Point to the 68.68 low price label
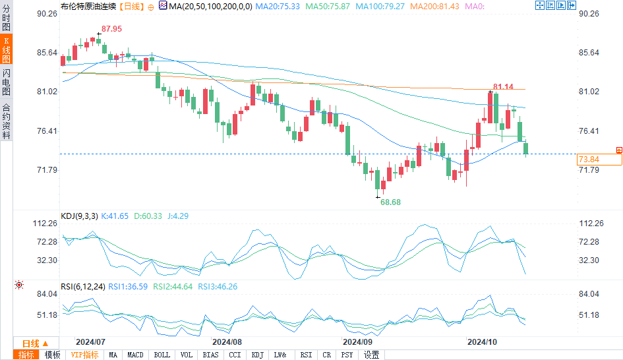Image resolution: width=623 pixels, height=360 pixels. [390, 202]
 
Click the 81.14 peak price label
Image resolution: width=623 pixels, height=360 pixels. [503, 87]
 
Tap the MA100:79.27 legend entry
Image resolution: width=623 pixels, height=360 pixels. [381, 6]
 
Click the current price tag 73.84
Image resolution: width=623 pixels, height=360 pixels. [588, 160]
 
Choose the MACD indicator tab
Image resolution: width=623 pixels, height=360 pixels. [135, 355]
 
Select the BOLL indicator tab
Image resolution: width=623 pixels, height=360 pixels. [162, 355]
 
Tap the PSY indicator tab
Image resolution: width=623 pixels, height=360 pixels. [347, 355]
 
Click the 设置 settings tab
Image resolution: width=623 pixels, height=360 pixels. [371, 355]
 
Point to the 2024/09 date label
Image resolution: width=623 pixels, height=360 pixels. [358, 342]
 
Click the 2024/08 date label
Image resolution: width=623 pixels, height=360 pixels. [227, 342]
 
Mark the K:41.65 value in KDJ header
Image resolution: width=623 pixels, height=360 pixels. [115, 216]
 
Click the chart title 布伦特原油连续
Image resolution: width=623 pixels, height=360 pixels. [88, 6]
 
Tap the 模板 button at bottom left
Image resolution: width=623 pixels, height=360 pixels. [52, 355]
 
